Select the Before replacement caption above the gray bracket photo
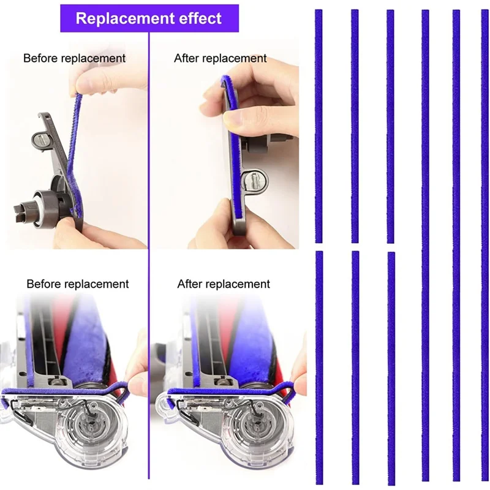tap(74, 58)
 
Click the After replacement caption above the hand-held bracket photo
tap(221, 58)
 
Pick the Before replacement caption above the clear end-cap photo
tap(77, 284)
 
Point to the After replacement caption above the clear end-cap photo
tap(224, 284)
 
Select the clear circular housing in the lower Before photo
tap(92, 429)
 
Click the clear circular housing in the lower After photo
tap(247, 429)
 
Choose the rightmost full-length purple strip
tap(485, 245)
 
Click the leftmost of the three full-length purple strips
tap(425, 245)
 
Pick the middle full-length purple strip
tap(456, 245)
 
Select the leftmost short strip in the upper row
tap(318, 126)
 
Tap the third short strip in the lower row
tap(391, 367)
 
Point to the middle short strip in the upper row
tap(355, 126)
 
